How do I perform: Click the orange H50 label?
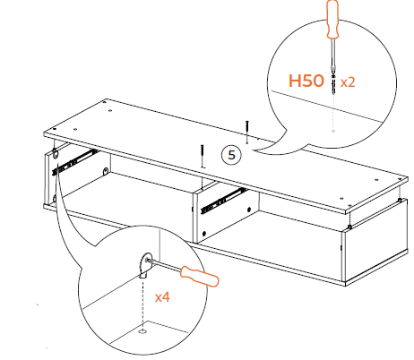tap(306, 81)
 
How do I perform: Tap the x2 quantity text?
tap(348, 81)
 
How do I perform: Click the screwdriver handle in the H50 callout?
tap(332, 21)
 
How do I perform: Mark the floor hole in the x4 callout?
tap(144, 332)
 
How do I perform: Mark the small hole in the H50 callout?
tap(333, 131)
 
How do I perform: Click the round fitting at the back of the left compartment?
tap(108, 170)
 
